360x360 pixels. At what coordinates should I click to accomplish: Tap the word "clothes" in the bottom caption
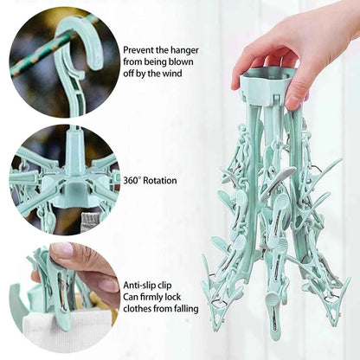click(x=142, y=309)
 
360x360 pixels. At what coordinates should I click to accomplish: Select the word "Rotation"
click(x=162, y=180)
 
